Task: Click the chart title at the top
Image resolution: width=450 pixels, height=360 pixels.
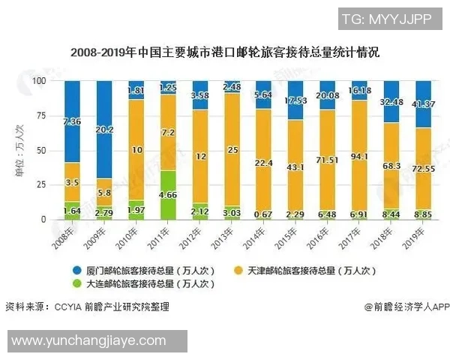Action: pyautogui.click(x=225, y=53)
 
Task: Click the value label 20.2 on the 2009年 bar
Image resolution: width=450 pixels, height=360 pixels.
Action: pyautogui.click(x=104, y=130)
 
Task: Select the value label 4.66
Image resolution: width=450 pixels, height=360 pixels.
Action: pyautogui.click(x=169, y=195)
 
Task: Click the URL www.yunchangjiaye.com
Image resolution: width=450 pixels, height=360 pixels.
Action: pyautogui.click(x=88, y=340)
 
